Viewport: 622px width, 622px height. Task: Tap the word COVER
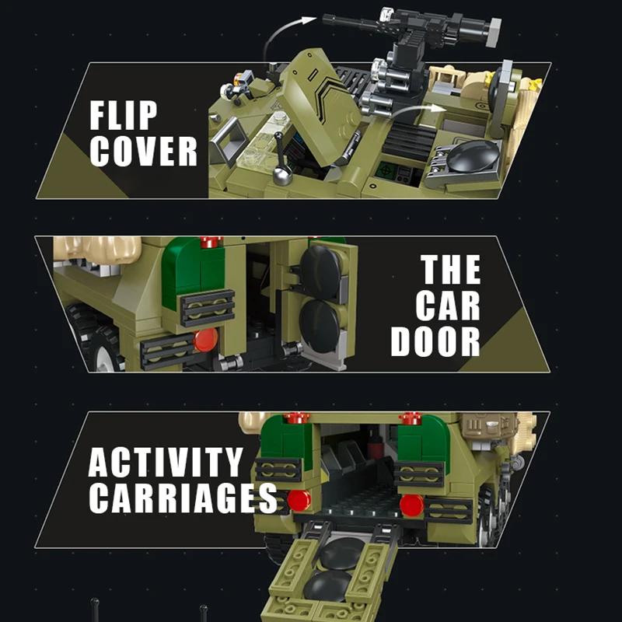pos(142,152)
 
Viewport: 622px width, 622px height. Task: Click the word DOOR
pos(435,341)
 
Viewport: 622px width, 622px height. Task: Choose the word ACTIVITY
pos(165,463)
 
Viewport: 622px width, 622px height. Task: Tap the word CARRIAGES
pos(182,498)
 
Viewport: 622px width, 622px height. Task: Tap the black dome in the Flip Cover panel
pos(473,156)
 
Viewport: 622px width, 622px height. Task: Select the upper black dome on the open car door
pos(320,273)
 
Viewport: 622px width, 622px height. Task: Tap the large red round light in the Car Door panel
pos(205,339)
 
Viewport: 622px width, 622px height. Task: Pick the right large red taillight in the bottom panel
pos(411,505)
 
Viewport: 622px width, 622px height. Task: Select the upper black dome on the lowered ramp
pos(342,553)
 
